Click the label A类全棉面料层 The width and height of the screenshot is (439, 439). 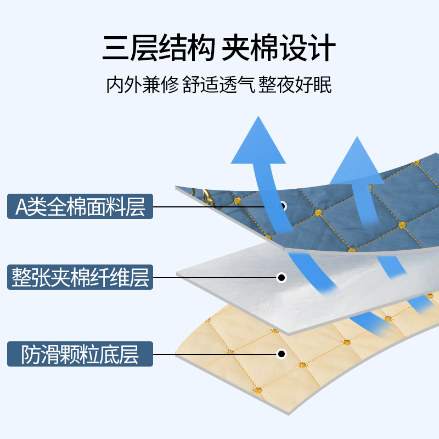(80, 207)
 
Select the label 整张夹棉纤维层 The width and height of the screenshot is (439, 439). (80, 277)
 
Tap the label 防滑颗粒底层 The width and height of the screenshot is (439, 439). (80, 354)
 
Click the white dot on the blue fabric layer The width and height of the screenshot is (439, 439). (283, 206)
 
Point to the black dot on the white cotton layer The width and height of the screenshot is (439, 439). (282, 277)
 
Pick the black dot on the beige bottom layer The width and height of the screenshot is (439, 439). (282, 354)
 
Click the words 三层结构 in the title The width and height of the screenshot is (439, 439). (158, 49)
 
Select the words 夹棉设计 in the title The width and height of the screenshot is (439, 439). (279, 49)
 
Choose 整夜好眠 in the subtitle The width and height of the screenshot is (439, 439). (296, 86)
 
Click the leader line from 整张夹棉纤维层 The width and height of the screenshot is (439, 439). (214, 278)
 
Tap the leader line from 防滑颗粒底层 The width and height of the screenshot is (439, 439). (214, 354)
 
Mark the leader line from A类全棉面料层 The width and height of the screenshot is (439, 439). (214, 207)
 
